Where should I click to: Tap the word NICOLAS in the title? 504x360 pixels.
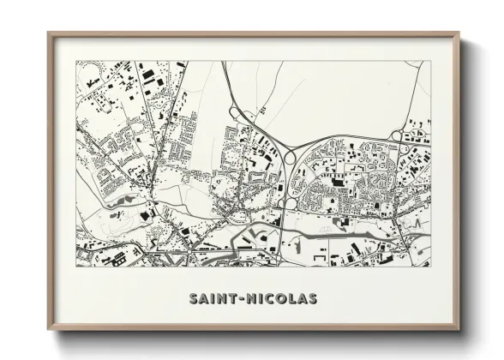point(282,299)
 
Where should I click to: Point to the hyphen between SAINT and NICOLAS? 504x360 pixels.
point(243,299)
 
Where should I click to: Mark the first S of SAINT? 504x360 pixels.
point(193,299)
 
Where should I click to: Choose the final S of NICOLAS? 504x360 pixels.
point(313,299)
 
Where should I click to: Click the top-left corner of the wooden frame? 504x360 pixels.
point(49,34)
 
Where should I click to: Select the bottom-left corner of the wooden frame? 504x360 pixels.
point(49,330)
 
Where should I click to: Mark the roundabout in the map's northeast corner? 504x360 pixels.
point(397,135)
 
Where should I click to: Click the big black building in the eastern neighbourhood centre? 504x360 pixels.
point(337,182)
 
